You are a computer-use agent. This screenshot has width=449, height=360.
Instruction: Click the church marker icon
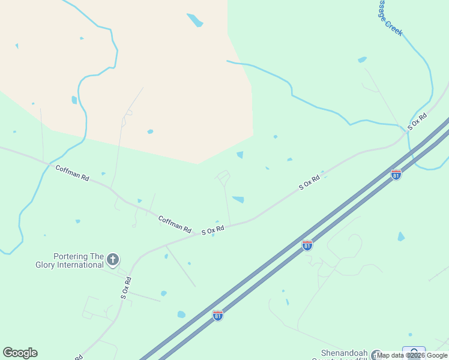(112, 260)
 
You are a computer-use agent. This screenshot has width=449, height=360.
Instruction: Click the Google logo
(20, 353)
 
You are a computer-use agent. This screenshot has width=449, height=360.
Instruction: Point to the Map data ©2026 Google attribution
(412, 355)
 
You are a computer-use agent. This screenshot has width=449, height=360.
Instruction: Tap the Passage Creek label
(389, 18)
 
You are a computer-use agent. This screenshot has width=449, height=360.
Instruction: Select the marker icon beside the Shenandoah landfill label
(376, 355)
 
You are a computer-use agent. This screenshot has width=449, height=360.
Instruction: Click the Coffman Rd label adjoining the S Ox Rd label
(175, 224)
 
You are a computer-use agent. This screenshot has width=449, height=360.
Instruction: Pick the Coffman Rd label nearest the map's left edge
(72, 173)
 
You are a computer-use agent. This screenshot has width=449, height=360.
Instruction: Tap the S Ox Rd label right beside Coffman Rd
(212, 230)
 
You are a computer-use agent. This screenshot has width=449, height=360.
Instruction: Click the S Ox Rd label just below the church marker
(125, 288)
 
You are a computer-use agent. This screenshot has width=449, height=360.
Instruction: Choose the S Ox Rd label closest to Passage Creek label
(417, 121)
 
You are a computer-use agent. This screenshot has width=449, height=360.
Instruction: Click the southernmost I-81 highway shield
(217, 314)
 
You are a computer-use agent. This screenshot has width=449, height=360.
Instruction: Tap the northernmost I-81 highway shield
(396, 175)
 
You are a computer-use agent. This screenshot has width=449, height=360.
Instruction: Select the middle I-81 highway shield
(307, 245)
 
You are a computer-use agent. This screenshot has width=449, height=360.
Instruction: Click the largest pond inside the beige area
(195, 20)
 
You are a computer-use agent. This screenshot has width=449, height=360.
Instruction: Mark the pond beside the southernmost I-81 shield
(181, 314)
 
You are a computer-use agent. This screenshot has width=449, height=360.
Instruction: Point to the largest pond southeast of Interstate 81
(401, 236)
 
